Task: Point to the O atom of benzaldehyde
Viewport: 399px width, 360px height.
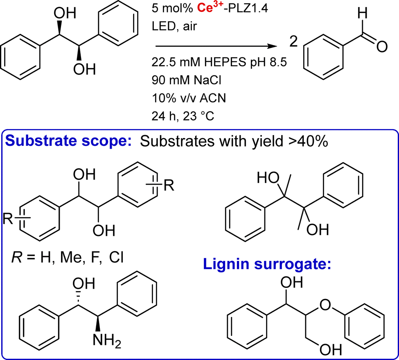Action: pyautogui.click(x=382, y=47)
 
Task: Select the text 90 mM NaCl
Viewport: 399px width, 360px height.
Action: pyautogui.click(x=187, y=80)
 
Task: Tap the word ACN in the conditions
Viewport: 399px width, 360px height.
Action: pyautogui.click(x=213, y=98)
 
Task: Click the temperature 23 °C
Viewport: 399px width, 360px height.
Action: pyautogui.click(x=198, y=116)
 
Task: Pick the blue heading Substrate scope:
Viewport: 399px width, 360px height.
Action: pyautogui.click(x=68, y=141)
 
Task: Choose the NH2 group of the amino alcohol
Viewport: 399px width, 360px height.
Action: pyautogui.click(x=107, y=340)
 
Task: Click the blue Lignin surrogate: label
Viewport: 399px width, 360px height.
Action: pyautogui.click(x=267, y=264)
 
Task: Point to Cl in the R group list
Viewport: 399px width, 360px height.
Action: pyautogui.click(x=116, y=257)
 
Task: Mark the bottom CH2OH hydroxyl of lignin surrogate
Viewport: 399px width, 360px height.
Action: pyautogui.click(x=331, y=350)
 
